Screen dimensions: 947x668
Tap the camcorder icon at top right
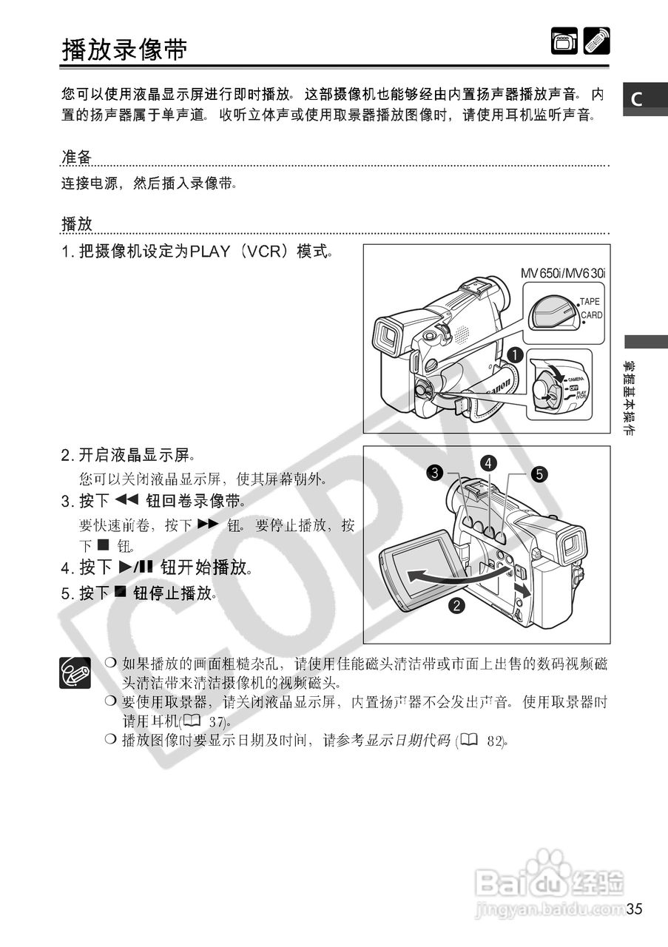[x=564, y=41]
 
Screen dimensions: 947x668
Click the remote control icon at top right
[x=596, y=41]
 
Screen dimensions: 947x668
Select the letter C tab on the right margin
[x=636, y=98]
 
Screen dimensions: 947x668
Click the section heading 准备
[x=76, y=157]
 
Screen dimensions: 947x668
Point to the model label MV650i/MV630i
[x=562, y=273]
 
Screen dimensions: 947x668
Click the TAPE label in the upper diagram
[x=590, y=302]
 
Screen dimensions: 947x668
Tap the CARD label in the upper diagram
[x=591, y=315]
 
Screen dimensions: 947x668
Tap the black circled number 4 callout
[x=488, y=463]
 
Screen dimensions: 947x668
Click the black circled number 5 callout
[x=539, y=474]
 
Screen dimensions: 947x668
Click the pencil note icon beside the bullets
[x=75, y=673]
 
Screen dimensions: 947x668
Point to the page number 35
[x=634, y=909]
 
